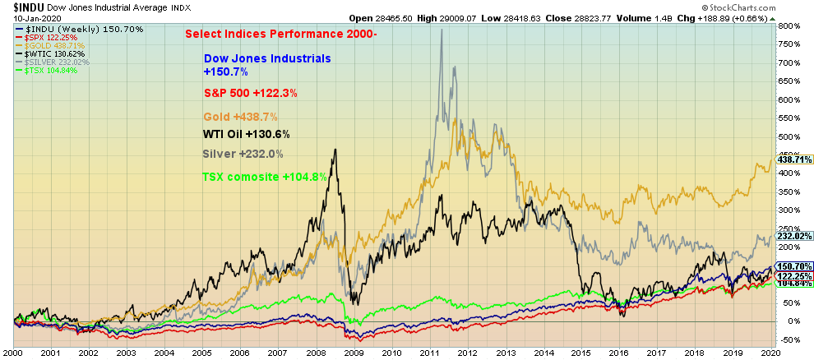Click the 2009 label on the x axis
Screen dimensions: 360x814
click(354, 352)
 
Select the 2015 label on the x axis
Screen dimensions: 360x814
click(582, 352)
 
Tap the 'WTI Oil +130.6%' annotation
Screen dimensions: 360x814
click(246, 135)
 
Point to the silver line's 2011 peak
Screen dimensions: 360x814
click(442, 30)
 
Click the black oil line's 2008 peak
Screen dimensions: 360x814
click(335, 149)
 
